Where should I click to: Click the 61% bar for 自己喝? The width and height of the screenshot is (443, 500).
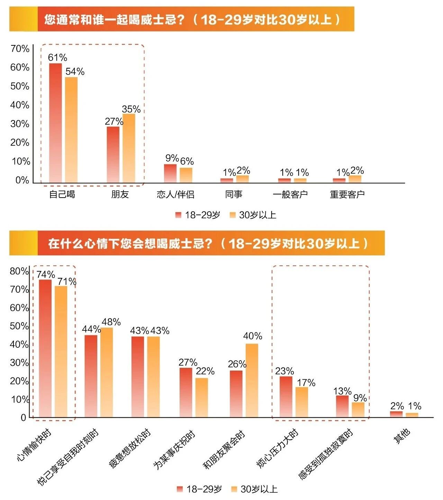pyautogui.click(x=55, y=123)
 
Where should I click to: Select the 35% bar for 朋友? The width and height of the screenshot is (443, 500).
pyautogui.click(x=129, y=148)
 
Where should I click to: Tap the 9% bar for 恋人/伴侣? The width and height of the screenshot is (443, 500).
pyautogui.click(x=170, y=173)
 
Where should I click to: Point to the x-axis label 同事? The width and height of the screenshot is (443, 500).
pyautogui.click(x=234, y=194)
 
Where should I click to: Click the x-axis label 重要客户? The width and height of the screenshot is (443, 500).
pyautogui.click(x=347, y=194)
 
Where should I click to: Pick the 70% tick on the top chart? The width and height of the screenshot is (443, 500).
pyautogui.click(x=20, y=49)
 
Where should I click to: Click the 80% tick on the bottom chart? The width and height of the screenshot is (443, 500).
pyautogui.click(x=19, y=271)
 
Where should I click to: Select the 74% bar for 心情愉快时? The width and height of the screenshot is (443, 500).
pyautogui.click(x=45, y=348)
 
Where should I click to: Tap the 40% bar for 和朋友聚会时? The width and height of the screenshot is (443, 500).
pyautogui.click(x=252, y=380)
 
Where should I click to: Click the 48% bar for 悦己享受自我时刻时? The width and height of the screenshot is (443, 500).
pyautogui.click(x=107, y=372)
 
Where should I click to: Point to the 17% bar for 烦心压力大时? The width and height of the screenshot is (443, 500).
pyautogui.click(x=302, y=402)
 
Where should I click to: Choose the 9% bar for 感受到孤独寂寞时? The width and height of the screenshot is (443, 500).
pyautogui.click(x=358, y=410)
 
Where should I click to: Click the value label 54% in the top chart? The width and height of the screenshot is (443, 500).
pyautogui.click(x=75, y=71)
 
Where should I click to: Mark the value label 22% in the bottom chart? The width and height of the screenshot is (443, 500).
pyautogui.click(x=205, y=371)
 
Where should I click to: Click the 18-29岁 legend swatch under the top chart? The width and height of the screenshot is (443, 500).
pyautogui.click(x=178, y=215)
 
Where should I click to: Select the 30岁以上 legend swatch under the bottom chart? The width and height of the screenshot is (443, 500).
pyautogui.click(x=234, y=489)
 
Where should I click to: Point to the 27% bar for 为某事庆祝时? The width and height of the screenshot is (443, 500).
pyautogui.click(x=186, y=392)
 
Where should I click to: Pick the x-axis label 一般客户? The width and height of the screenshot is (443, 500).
pyautogui.click(x=290, y=194)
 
